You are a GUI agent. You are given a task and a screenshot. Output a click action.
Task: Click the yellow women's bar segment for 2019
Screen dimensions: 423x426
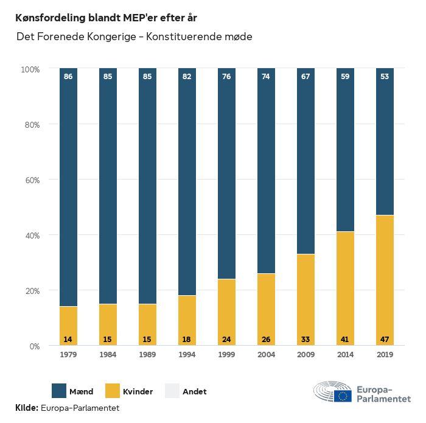coord(385,280)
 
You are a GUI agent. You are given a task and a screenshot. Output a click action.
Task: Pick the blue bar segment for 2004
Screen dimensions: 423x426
coord(266,170)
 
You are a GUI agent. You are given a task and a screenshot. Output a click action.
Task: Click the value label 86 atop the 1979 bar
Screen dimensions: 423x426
coord(68,77)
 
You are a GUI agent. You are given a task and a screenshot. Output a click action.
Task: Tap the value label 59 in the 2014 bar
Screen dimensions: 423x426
coord(345,77)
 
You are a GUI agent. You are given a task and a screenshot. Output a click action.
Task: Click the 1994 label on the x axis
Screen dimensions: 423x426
coord(187,355)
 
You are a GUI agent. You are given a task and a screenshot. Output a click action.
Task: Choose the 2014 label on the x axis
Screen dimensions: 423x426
coord(345,355)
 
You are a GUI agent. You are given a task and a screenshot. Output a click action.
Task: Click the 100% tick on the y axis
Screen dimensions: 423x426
coord(29,69)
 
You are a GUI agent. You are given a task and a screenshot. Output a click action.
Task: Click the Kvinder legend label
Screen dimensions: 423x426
coord(138,391)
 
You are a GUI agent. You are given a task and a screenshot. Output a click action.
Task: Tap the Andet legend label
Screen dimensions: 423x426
coord(194,391)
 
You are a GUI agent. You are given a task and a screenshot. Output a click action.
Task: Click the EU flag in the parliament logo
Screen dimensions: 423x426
coord(343,396)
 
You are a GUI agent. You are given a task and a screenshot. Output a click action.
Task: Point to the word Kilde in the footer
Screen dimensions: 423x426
coord(27,408)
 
